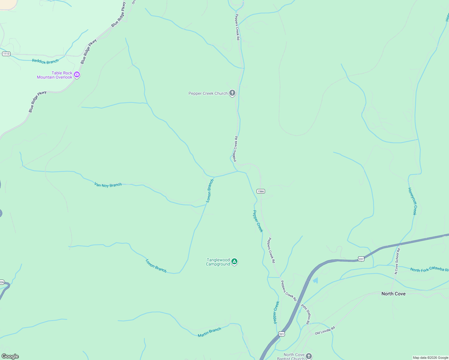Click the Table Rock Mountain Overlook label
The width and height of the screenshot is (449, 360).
coord(55,75)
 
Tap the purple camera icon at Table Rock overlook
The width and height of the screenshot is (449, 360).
coord(77,74)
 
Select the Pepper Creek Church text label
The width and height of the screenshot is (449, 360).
coord(208,94)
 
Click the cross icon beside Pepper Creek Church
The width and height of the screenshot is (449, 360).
coord(232,93)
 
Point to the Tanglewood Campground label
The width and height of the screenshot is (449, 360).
coord(218,262)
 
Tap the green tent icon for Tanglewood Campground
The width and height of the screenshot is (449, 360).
coord(234,262)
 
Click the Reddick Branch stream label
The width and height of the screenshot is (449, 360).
coord(45,61)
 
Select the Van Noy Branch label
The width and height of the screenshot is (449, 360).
coord(108,185)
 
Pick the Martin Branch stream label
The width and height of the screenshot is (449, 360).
coord(209,332)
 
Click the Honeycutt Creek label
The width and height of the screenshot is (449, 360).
coord(412,201)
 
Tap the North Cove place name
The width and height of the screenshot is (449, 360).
coord(393,294)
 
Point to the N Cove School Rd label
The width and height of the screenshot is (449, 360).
coord(397,261)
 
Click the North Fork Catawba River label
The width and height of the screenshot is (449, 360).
coord(429,269)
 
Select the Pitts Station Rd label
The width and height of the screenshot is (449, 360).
coord(306,314)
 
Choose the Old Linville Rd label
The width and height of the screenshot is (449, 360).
coord(325,331)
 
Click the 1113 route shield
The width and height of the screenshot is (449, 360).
coord(6,54)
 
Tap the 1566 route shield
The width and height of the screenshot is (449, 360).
coord(261,191)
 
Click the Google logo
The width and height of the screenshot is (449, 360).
coord(10,356)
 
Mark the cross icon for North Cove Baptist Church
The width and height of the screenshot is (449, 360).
coord(309,356)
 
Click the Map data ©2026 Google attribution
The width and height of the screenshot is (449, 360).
coord(430,358)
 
